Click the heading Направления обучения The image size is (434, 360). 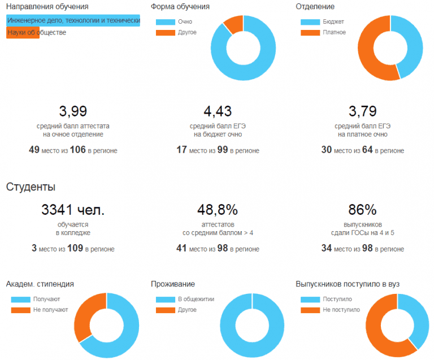coord(47,7)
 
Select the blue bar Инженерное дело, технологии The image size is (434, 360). coord(73,20)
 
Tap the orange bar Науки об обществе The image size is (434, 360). coord(23,33)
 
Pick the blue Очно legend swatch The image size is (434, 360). coord(165,21)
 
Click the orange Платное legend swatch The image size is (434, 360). coord(310,32)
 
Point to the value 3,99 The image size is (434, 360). coord(73,111)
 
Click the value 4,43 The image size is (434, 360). coord(218,111)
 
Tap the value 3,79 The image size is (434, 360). coord(362,111)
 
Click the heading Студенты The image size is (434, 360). coord(31,186)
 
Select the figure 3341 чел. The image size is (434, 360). coord(73,210)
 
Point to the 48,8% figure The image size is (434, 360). coord(218,210)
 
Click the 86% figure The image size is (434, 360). coord(362,210)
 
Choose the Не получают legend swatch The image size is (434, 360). coord(20,310)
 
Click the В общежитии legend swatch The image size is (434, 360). coord(165,299)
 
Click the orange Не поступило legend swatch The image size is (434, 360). coord(310,310)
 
